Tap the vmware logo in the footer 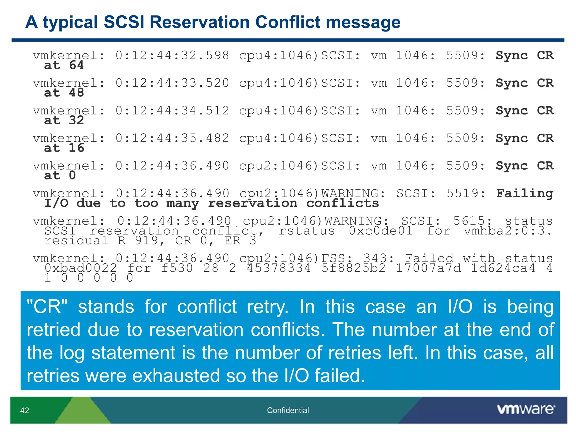pos(526,409)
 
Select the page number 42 pos(25,410)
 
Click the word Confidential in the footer pos(288,410)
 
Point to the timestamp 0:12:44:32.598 pos(172,55)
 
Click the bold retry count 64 pos(76,65)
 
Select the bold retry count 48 pos(76,93)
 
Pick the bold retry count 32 pos(76,120)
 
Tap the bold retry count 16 pos(76,148)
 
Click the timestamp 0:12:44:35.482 pos(172,138)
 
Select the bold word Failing pos(525,193)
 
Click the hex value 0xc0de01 pos(381,231)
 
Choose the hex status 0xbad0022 pos(80,268)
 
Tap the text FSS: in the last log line pos(337,258)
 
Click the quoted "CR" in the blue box pos(47,307)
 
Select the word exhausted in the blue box pos(176,376)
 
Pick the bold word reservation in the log pos(252,203)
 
